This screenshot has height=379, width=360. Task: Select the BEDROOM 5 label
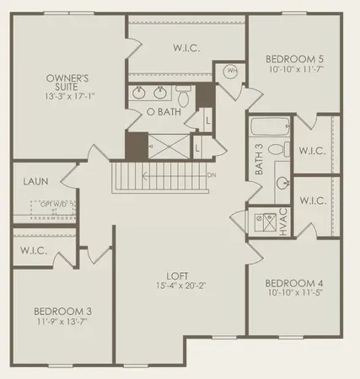(x=293, y=59)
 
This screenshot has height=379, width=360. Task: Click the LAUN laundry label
(x=35, y=179)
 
